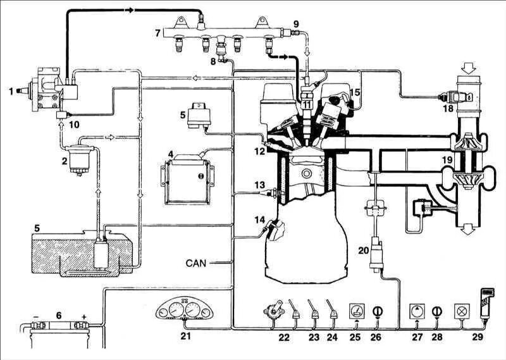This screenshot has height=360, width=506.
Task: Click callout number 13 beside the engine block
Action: (259, 185)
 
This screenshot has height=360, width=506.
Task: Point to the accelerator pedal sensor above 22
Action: (273, 311)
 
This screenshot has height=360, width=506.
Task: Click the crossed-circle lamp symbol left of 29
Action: (461, 311)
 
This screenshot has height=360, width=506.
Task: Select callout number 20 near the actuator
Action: (362, 251)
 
